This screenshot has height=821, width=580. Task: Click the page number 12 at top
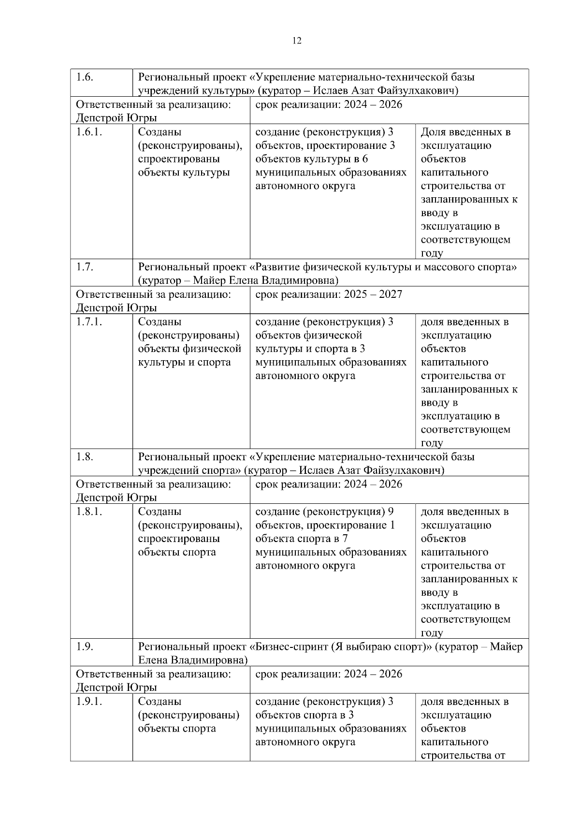coord(297,41)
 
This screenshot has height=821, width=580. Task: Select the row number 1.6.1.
coord(89,132)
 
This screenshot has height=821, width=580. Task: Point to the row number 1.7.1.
coord(89,322)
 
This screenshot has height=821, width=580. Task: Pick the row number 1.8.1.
coord(89,512)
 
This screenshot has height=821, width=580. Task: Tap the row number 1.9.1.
coord(89,702)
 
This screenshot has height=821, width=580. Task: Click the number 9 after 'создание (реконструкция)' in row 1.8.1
coord(391,512)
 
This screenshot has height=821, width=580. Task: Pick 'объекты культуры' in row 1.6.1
coord(184,173)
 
